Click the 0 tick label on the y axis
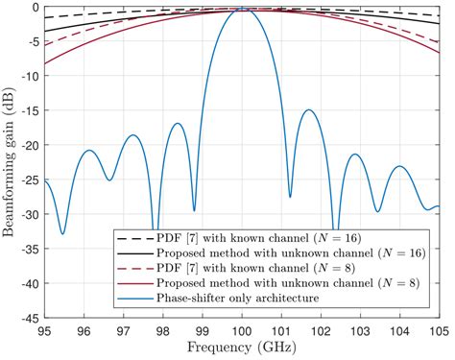click(34, 7)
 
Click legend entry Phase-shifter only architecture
click(243, 298)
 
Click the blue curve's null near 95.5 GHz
click(63, 233)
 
